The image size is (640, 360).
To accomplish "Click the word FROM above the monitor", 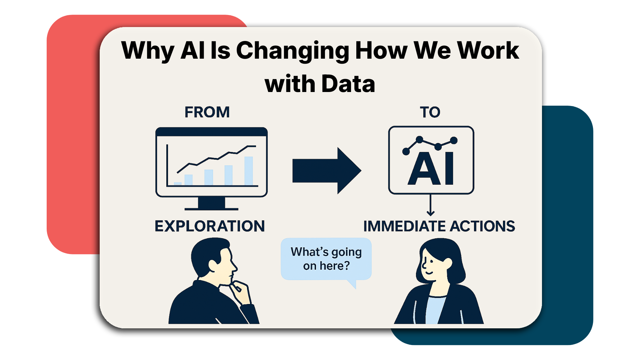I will pos(207,112).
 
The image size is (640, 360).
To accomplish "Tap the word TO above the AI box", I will pos(430,112).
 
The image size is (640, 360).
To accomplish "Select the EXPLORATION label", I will pos(210,226).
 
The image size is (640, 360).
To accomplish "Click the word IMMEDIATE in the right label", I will pos(405,226).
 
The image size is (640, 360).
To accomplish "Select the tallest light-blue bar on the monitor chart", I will pos(249,171).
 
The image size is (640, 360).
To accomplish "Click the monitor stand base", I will pos(211,208).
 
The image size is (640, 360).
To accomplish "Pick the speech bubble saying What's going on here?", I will pos(326,259).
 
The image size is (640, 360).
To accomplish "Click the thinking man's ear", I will pos(213,265).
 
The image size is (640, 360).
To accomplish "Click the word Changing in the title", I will pos(293,51).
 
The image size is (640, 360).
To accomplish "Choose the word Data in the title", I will pos(348,84).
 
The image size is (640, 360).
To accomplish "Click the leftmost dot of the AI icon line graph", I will pos(406,152).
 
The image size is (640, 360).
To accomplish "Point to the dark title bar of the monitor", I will pos(211,132).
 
